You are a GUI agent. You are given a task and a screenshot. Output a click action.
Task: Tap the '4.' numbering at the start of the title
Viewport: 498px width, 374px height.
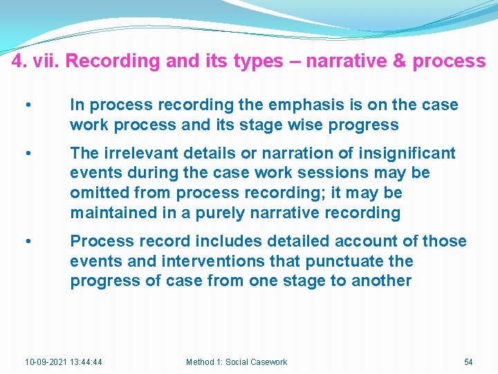(19, 61)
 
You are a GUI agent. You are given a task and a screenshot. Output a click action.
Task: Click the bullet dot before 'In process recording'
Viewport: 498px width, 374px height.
(26, 105)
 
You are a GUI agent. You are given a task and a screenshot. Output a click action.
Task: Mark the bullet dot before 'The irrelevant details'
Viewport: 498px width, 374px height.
(26, 153)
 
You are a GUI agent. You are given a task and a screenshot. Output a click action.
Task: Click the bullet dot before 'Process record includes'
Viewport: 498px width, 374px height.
(26, 242)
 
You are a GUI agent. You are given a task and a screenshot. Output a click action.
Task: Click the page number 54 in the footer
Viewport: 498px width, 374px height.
(468, 362)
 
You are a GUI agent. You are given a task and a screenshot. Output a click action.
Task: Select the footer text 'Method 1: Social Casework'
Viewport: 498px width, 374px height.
(237, 362)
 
